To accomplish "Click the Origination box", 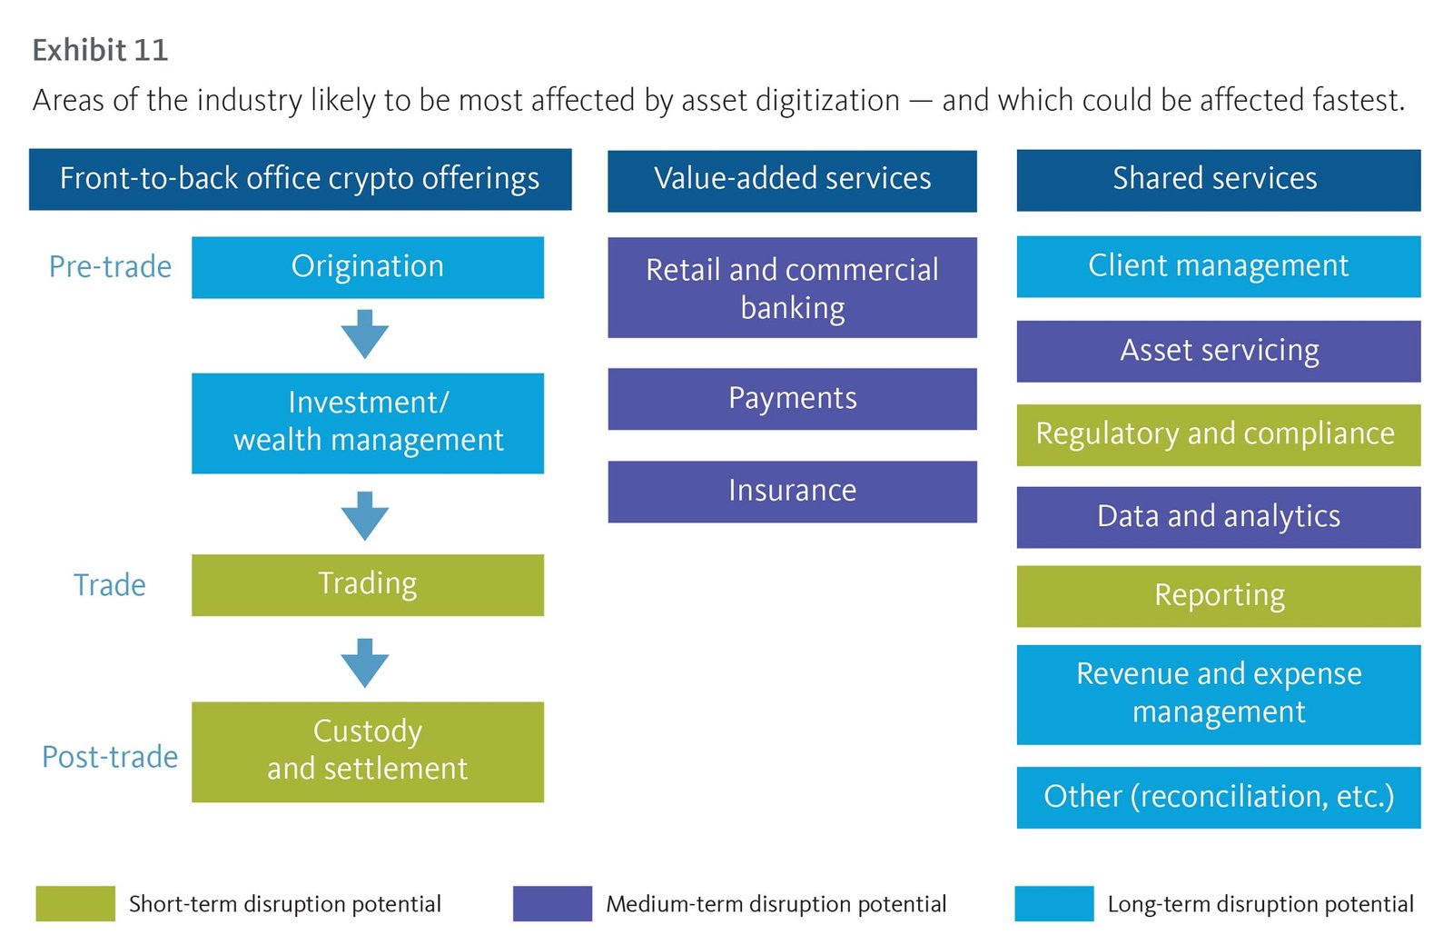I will click(367, 267).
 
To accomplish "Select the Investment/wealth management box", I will click(367, 423).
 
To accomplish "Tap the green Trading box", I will click(367, 584).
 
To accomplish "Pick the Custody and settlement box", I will click(367, 751).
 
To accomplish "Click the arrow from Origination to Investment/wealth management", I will click(365, 334).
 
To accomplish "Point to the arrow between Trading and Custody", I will click(365, 662).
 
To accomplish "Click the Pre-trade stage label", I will click(110, 267).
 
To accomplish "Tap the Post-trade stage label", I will click(110, 757).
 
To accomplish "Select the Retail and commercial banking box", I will click(792, 287).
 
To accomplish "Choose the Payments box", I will click(792, 398).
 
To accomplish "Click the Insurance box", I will click(792, 491).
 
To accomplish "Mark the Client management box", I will click(1218, 266).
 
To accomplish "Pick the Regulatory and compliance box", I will click(1218, 434).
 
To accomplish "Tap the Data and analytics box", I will click(1218, 516).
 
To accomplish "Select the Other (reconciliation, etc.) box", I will click(1218, 797).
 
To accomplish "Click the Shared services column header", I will click(1218, 179).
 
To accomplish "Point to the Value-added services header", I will click(792, 180).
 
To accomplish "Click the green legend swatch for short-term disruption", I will click(75, 903).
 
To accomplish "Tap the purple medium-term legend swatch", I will click(552, 903).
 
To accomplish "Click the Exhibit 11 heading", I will click(100, 50).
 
